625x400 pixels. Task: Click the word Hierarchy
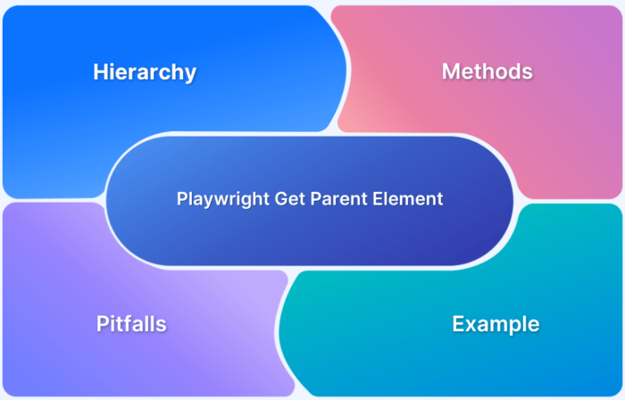point(145,72)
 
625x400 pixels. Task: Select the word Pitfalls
point(131,323)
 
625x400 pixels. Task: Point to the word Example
point(496,323)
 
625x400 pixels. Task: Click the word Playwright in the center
point(219,199)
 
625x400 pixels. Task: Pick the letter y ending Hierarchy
point(190,75)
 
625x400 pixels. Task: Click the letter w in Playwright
point(221,200)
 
